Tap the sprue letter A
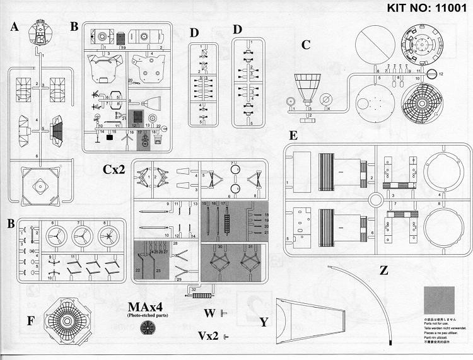(x=14, y=28)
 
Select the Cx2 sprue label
(x=115, y=169)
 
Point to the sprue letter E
(x=293, y=136)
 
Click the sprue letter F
(x=30, y=320)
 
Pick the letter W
(x=210, y=313)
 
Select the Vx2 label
(x=208, y=335)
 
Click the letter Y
(x=264, y=322)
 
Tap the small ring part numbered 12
(x=431, y=74)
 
